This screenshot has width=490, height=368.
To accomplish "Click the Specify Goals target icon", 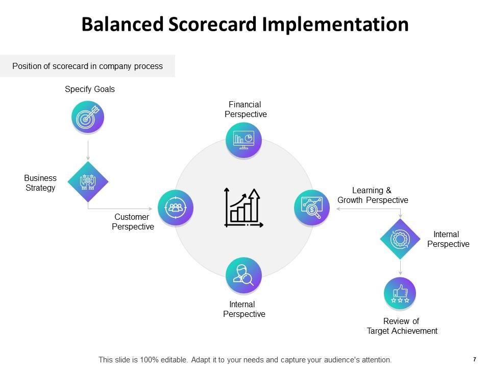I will coord(88,118).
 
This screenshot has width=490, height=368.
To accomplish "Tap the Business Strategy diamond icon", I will coord(88,182).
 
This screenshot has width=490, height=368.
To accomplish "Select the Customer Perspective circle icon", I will coord(176,208).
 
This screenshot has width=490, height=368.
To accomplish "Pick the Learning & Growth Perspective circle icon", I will coord(312,208).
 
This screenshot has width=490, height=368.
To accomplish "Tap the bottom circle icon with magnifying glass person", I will coord(243,275).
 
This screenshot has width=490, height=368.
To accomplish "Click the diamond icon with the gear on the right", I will coord(400,239).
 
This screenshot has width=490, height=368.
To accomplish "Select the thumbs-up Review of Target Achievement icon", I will coord(400,293).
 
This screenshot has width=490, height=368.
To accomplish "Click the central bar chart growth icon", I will coord(243,208).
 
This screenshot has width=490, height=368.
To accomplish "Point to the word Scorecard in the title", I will coord(210,25).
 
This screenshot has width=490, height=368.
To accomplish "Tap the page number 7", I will coord(475,359).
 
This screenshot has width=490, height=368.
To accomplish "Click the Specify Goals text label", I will coord(90,89).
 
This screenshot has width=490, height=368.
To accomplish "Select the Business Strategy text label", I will coord(40,183).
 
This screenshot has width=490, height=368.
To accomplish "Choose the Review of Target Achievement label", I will coord(402,326).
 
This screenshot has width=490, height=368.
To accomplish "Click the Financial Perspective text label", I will coord(246,109).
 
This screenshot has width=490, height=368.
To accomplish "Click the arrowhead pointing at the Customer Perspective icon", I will coord(150,209).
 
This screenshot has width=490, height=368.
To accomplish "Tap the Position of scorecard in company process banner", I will coord(87,66).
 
